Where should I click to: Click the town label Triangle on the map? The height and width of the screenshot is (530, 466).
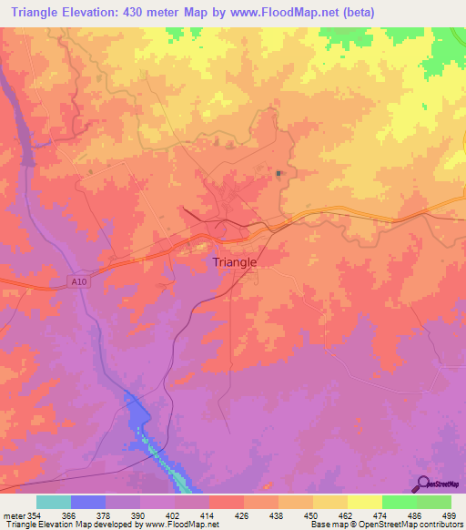pyautogui.click(x=234, y=262)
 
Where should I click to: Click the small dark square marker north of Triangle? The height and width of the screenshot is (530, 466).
pyautogui.click(x=279, y=173)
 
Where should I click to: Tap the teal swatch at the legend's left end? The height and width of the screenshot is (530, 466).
pyautogui.click(x=54, y=502)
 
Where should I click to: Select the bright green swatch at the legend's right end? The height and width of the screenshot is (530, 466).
pyautogui.click(x=434, y=502)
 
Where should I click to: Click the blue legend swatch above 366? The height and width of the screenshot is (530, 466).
pyautogui.click(x=88, y=502)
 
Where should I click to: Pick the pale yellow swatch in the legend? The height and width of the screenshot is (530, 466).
pyautogui.click(x=365, y=502)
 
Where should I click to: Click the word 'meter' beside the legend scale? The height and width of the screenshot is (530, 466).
pyautogui.click(x=13, y=515)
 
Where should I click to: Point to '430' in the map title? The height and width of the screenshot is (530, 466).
pyautogui.click(x=148, y=12)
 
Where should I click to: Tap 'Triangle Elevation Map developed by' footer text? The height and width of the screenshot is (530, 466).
pyautogui.click(x=62, y=525)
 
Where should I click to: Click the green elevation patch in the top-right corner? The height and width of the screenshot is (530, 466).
pyautogui.click(x=447, y=41)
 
